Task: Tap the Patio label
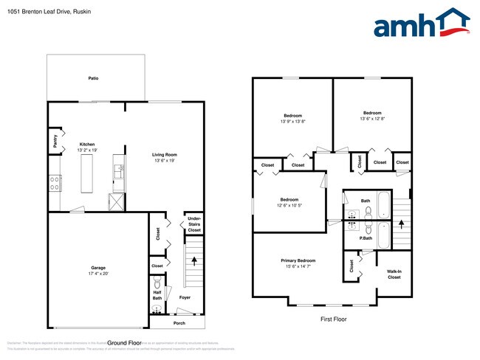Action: [93, 77]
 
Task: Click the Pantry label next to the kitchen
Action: [55, 140]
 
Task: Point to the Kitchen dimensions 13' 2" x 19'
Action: [87, 150]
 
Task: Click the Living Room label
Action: [165, 154]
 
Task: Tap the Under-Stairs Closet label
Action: [193, 224]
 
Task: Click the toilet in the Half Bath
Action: [157, 283]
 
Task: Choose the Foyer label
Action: [185, 297]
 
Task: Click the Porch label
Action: [179, 322]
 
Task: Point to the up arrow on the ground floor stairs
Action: [194, 260]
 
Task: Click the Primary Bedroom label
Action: [298, 260]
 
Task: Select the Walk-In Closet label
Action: [394, 274]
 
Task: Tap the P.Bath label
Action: [365, 238]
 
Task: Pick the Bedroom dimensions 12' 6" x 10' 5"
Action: [289, 205]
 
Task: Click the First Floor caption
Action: [332, 319]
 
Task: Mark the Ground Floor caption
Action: [124, 343]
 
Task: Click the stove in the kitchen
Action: [55, 183]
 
